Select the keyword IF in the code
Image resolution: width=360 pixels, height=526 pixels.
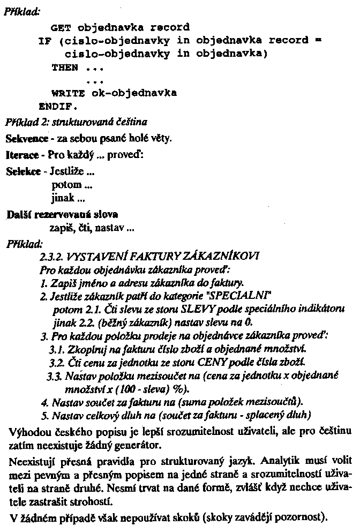(x=44, y=40)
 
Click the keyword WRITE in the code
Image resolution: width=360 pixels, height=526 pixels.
(x=67, y=93)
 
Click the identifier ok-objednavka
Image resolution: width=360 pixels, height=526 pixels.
(x=134, y=93)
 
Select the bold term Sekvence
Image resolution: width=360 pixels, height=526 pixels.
(x=25, y=139)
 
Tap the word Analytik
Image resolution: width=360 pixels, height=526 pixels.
(x=273, y=460)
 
